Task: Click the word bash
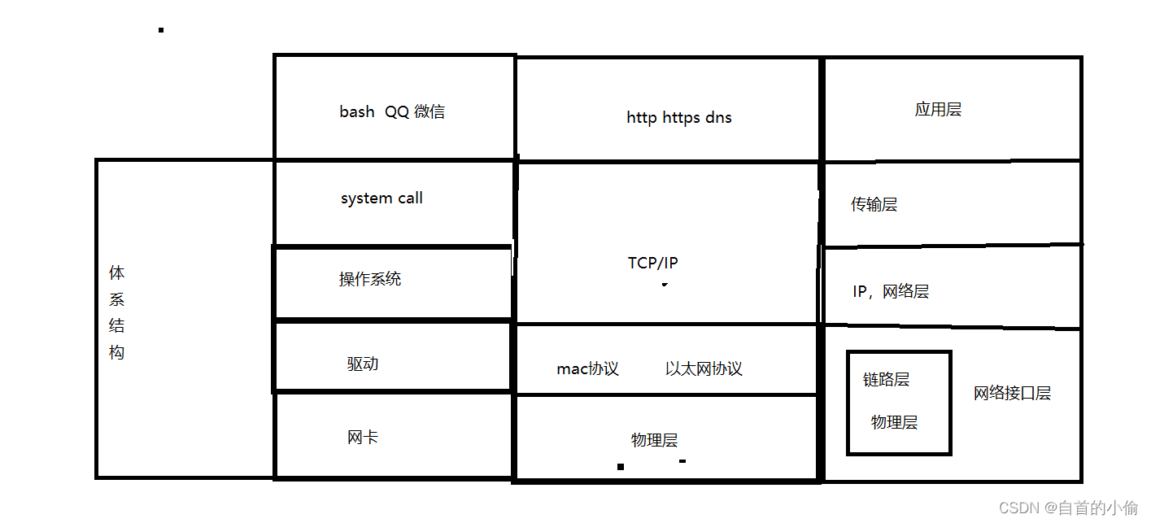(x=357, y=111)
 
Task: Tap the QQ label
(x=397, y=111)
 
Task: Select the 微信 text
(x=429, y=111)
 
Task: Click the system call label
(x=381, y=198)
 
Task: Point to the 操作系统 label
(x=370, y=279)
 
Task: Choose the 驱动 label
(x=363, y=364)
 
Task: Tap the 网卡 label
(x=363, y=437)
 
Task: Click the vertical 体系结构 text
(x=117, y=312)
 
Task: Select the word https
(x=680, y=117)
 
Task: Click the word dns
(x=718, y=117)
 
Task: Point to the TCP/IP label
(x=653, y=263)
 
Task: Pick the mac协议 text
(x=587, y=368)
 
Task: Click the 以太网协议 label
(x=704, y=368)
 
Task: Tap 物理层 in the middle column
(x=654, y=440)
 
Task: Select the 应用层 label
(x=938, y=109)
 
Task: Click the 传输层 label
(x=874, y=204)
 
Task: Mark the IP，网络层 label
(x=891, y=291)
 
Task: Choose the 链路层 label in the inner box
(x=886, y=379)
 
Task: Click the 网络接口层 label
(x=1012, y=393)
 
